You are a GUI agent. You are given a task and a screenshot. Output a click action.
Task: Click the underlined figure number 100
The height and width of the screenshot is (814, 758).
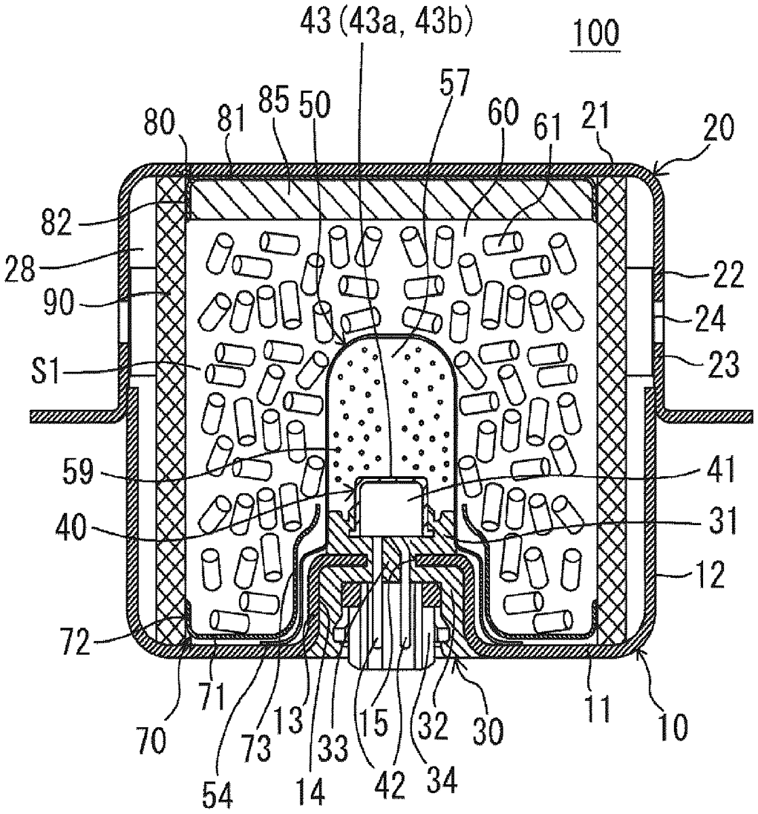(596, 35)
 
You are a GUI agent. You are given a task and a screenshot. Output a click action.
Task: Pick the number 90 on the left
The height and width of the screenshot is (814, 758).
(58, 304)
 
